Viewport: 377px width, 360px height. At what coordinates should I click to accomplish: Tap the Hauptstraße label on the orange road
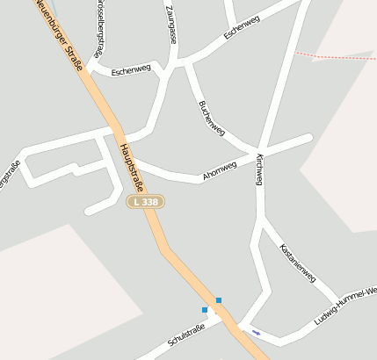pyautogui.click(x=132, y=169)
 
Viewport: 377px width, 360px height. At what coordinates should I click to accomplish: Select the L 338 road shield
pyautogui.click(x=145, y=202)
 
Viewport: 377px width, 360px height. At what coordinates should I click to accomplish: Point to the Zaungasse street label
pyautogui.click(x=171, y=25)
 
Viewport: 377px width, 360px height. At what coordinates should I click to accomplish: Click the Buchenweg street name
pyautogui.click(x=212, y=118)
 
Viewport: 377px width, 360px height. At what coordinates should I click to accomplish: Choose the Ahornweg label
pyautogui.click(x=220, y=170)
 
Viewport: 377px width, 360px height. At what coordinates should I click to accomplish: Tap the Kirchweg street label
pyautogui.click(x=259, y=169)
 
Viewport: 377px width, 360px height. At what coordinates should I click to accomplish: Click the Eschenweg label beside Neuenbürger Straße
pyautogui.click(x=132, y=69)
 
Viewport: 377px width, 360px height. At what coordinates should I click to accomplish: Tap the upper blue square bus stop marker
pyautogui.click(x=219, y=300)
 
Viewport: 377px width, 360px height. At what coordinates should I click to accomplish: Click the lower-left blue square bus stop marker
pyautogui.click(x=205, y=310)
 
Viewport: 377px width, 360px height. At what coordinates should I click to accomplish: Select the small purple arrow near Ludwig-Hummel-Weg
pyautogui.click(x=256, y=332)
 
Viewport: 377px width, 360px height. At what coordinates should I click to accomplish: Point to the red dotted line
pyautogui.click(x=334, y=56)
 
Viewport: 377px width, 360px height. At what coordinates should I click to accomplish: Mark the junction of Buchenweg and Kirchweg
pyautogui.click(x=257, y=148)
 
